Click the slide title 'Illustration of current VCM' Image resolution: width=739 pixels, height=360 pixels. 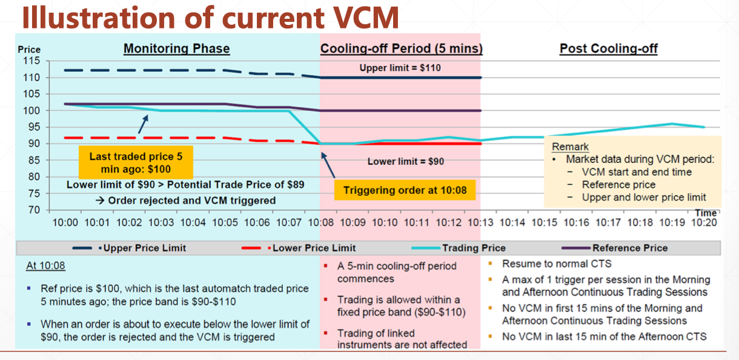point(210,17)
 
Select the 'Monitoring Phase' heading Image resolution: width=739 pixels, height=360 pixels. point(176,48)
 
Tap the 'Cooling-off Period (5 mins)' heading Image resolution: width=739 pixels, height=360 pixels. point(401,48)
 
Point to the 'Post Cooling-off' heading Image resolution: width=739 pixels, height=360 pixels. point(608,48)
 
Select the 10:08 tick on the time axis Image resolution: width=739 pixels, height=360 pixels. point(320,222)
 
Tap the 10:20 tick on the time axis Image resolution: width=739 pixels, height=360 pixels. point(703,222)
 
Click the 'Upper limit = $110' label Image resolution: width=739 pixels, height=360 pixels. point(400,68)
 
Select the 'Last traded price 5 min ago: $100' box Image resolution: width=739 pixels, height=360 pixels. point(136,162)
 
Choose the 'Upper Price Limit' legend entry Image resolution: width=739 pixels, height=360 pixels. point(147,248)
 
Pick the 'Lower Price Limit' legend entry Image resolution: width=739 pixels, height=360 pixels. point(314,248)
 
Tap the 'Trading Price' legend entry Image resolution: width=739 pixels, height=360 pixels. point(474,248)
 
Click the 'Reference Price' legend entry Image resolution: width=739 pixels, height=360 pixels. point(630,248)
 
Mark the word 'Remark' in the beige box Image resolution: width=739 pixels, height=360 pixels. point(570,147)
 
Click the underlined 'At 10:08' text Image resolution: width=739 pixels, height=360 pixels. point(45,266)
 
